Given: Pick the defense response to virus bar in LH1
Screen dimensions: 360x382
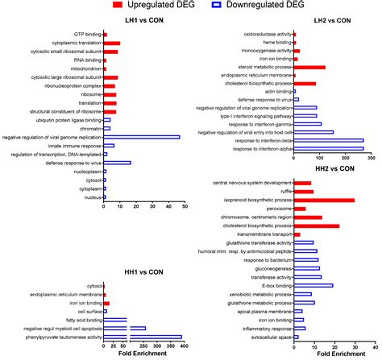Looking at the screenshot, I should [118, 163].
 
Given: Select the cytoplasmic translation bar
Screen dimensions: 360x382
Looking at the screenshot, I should [112, 43].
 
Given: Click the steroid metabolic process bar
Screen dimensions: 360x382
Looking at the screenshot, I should [309, 68].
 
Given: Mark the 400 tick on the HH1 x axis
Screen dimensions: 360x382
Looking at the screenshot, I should [185, 347].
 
